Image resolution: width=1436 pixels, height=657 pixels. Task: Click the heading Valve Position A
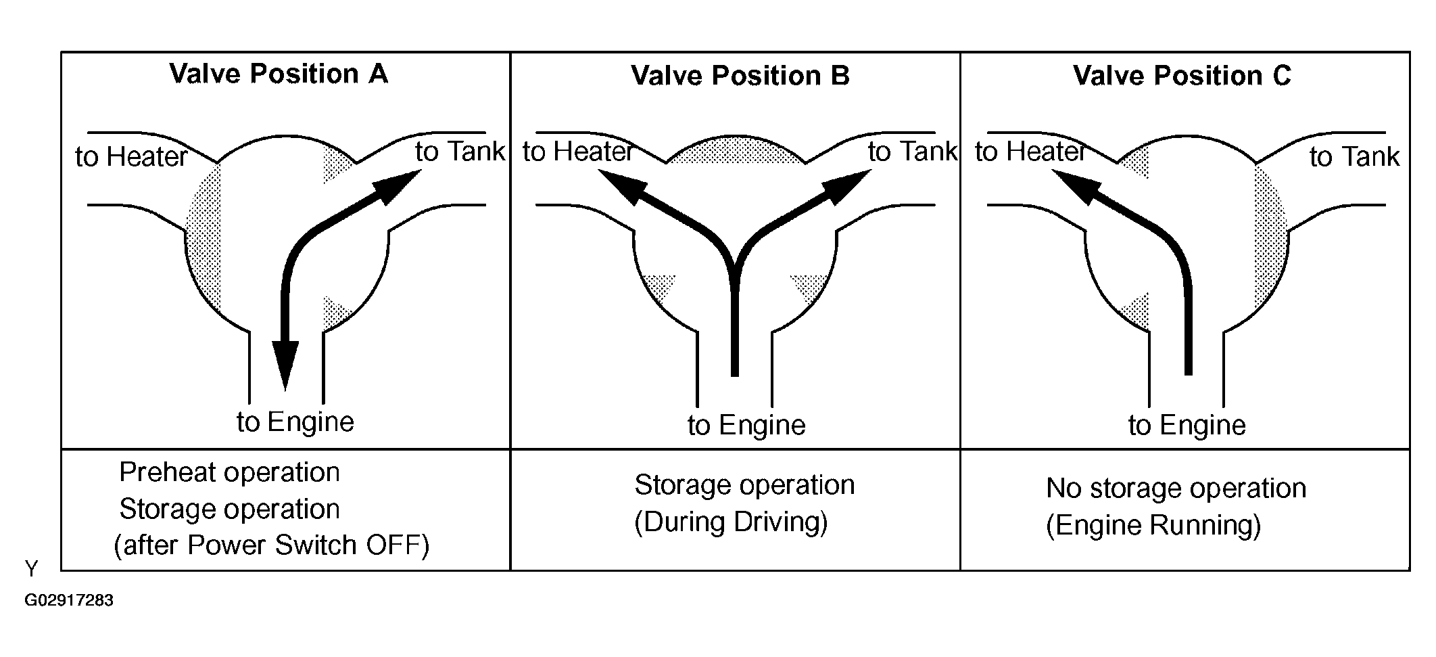(x=279, y=74)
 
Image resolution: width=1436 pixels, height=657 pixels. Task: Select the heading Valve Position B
(x=740, y=76)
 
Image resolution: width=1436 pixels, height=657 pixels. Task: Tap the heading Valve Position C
(x=1182, y=76)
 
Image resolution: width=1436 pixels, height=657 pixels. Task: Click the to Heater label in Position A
(x=131, y=157)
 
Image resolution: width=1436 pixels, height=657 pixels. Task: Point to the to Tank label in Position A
(x=460, y=152)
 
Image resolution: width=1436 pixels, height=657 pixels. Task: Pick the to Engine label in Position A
(x=295, y=422)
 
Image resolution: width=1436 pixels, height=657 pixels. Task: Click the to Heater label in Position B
(x=578, y=152)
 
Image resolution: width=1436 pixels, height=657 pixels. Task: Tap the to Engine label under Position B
(x=746, y=426)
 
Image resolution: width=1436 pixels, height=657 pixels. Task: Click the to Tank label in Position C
(x=1354, y=157)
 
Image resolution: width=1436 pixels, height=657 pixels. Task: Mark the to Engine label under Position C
(x=1187, y=426)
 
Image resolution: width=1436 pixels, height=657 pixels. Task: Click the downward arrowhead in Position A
(x=285, y=365)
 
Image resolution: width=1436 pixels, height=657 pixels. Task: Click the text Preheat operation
(x=229, y=472)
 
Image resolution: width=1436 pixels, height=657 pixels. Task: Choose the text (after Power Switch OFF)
(x=271, y=545)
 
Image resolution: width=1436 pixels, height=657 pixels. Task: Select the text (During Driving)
(x=731, y=522)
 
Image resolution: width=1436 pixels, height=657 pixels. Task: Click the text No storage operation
(x=1176, y=489)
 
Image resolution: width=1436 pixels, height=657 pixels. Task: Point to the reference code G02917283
(x=69, y=601)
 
